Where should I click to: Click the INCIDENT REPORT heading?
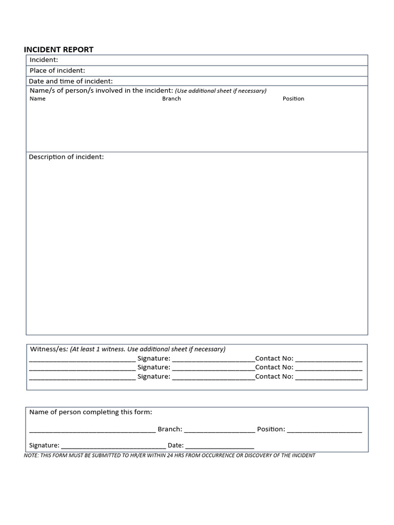pos(58,50)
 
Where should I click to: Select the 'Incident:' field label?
pos(44,60)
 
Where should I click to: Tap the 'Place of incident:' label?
pos(57,70)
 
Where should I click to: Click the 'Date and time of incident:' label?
pos(71,81)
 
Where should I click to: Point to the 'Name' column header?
pos(37,98)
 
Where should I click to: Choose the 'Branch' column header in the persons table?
pos(171,98)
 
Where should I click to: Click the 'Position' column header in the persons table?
pos(293,98)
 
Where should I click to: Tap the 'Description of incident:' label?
pos(66,157)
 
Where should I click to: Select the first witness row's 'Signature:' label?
pos(153,358)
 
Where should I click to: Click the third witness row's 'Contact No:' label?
pos(274,376)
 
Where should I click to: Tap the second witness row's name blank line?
pos(82,368)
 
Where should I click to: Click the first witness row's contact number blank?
pos(329,359)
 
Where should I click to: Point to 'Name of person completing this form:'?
pos(91,412)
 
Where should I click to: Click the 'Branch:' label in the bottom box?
pos(170,429)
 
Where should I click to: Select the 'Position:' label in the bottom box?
pos(271,429)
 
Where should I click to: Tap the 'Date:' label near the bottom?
pos(175,446)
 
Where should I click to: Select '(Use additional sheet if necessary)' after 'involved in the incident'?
pos(221,91)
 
